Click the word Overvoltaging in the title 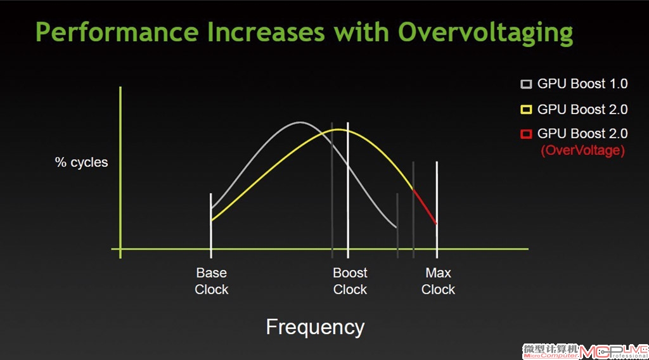(485, 33)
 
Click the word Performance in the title (117, 32)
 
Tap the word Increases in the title (266, 32)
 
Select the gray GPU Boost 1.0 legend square (526, 84)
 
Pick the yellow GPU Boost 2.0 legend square (526, 110)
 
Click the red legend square (526, 134)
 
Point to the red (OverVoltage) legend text (583, 150)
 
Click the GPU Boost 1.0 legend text (582, 84)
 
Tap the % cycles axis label (82, 162)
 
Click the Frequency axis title (315, 327)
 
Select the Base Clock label (212, 281)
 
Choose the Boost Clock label (350, 281)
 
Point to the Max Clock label (438, 281)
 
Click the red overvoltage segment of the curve (425, 207)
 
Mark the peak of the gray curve (300, 122)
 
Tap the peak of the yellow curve (338, 129)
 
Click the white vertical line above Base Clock (211, 226)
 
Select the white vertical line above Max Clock (437, 210)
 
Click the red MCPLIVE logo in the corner (614, 352)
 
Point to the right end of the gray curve (396, 227)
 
